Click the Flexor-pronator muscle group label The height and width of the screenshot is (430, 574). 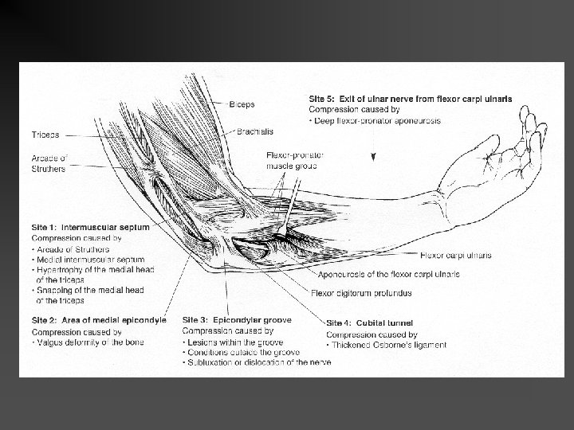pyautogui.click(x=294, y=161)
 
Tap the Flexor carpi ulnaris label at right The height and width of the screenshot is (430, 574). pyautogui.click(x=454, y=255)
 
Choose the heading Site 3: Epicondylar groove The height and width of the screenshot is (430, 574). pyautogui.click(x=237, y=320)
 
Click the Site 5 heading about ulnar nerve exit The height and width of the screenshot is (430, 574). pyautogui.click(x=410, y=99)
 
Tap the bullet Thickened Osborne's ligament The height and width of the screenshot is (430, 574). pyautogui.click(x=388, y=345)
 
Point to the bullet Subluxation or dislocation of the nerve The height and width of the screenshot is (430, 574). pyautogui.click(x=258, y=362)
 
